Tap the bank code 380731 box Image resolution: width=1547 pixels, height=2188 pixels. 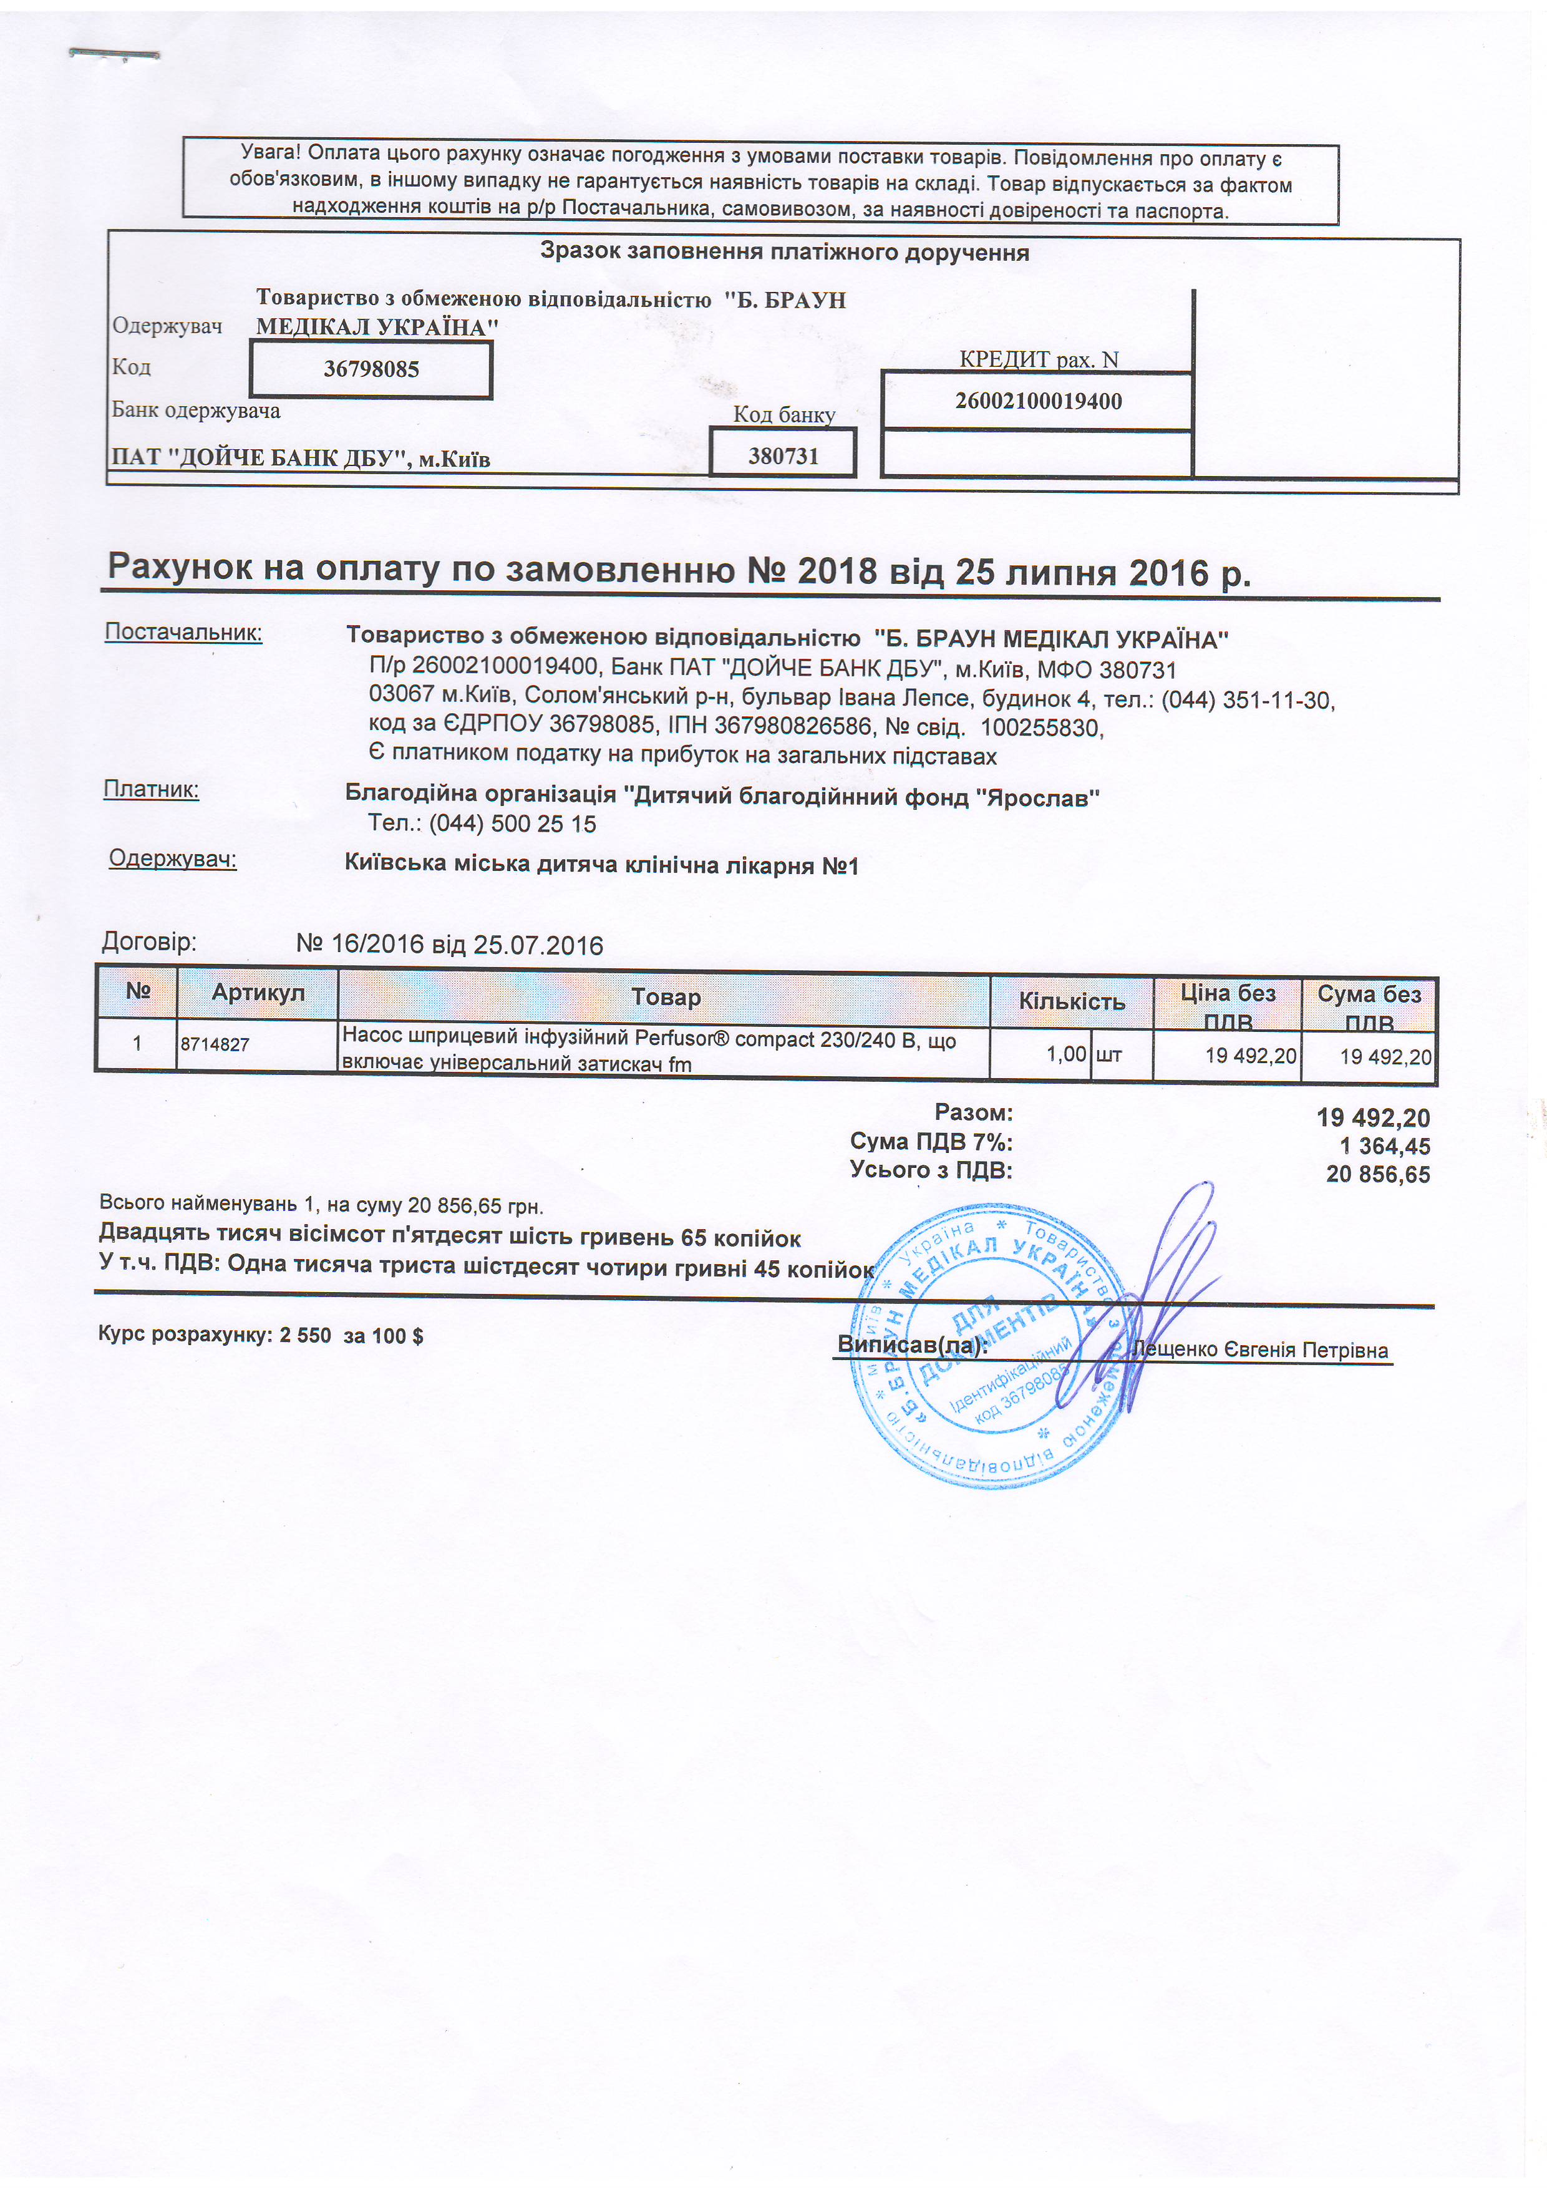click(x=783, y=455)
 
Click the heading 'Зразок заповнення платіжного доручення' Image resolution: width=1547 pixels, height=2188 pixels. click(x=784, y=253)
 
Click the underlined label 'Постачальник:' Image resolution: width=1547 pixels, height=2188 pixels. click(x=183, y=632)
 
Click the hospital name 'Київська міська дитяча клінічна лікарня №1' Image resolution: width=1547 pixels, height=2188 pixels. click(x=601, y=865)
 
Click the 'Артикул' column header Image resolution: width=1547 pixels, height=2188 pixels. click(x=258, y=993)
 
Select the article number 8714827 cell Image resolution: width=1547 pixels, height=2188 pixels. click(x=215, y=1044)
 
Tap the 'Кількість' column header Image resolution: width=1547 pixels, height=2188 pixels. click(x=1072, y=1001)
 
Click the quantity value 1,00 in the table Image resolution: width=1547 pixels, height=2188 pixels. click(x=1066, y=1054)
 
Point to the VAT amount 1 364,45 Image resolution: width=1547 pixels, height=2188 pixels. click(x=1384, y=1147)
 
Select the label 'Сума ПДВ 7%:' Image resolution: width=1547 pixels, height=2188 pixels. click(x=931, y=1142)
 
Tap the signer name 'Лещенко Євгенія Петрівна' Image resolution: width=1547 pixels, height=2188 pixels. click(x=1259, y=1350)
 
